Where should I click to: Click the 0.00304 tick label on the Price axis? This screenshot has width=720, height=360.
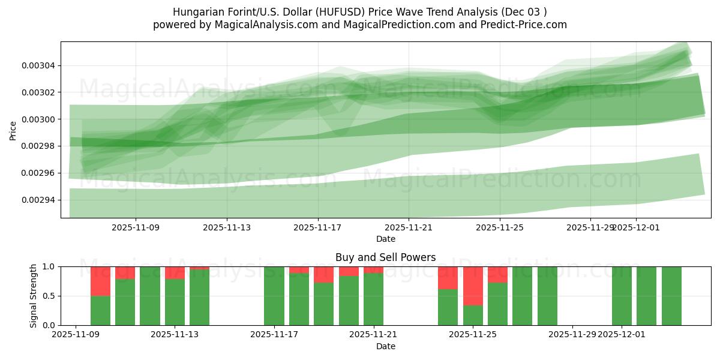[x=38, y=65]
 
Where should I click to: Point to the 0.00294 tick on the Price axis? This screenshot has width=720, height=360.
[x=38, y=200]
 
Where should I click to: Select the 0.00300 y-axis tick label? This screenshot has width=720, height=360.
[x=38, y=119]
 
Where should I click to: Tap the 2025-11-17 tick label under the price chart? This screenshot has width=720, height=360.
[x=317, y=227]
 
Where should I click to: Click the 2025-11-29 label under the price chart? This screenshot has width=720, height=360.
[x=590, y=227]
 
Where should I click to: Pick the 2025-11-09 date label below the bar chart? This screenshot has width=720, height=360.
[x=76, y=335]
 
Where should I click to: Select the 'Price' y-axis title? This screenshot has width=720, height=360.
[x=13, y=130]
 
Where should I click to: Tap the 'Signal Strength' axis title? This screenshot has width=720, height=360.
[x=34, y=296]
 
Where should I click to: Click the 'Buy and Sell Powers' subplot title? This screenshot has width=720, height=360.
[x=385, y=257]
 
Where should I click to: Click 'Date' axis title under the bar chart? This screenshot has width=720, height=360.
[x=385, y=346]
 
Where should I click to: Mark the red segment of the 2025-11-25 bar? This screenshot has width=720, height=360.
[x=473, y=286]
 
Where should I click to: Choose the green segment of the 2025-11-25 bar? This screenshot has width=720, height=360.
[x=473, y=315]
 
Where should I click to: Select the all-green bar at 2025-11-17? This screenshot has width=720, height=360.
[x=274, y=296]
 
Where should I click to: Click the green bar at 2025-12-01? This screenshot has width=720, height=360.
[x=622, y=296]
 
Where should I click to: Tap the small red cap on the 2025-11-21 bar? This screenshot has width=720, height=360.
[x=373, y=269]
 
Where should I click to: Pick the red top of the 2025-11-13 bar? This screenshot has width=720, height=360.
[x=175, y=272]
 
